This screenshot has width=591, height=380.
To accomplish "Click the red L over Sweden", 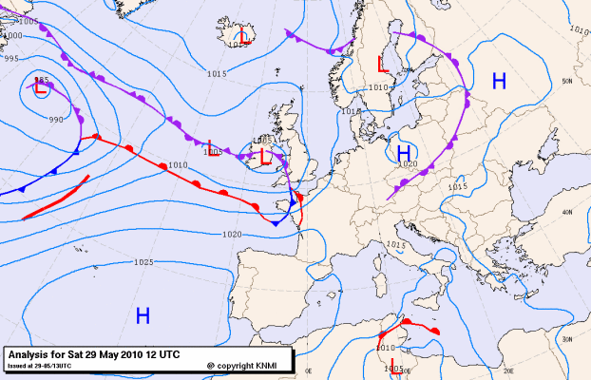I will (x=382, y=65).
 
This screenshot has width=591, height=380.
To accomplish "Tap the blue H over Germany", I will (x=403, y=152).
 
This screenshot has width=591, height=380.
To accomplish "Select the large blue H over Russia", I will (x=498, y=82).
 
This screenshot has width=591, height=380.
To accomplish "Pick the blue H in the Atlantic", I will (x=143, y=314).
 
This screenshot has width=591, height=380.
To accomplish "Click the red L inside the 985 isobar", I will (x=41, y=88).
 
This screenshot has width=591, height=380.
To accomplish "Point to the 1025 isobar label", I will (x=144, y=262).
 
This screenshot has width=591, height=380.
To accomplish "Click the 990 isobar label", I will (x=55, y=120).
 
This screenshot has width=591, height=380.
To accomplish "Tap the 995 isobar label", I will (x=10, y=59).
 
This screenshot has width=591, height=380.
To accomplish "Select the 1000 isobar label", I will (x=13, y=35).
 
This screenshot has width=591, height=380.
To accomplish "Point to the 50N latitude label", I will (x=566, y=81).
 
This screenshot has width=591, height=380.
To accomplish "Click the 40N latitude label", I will (x=567, y=212).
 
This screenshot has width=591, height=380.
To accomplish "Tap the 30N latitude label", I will (x=566, y=339).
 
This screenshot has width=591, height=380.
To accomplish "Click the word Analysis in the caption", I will (x=29, y=353).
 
